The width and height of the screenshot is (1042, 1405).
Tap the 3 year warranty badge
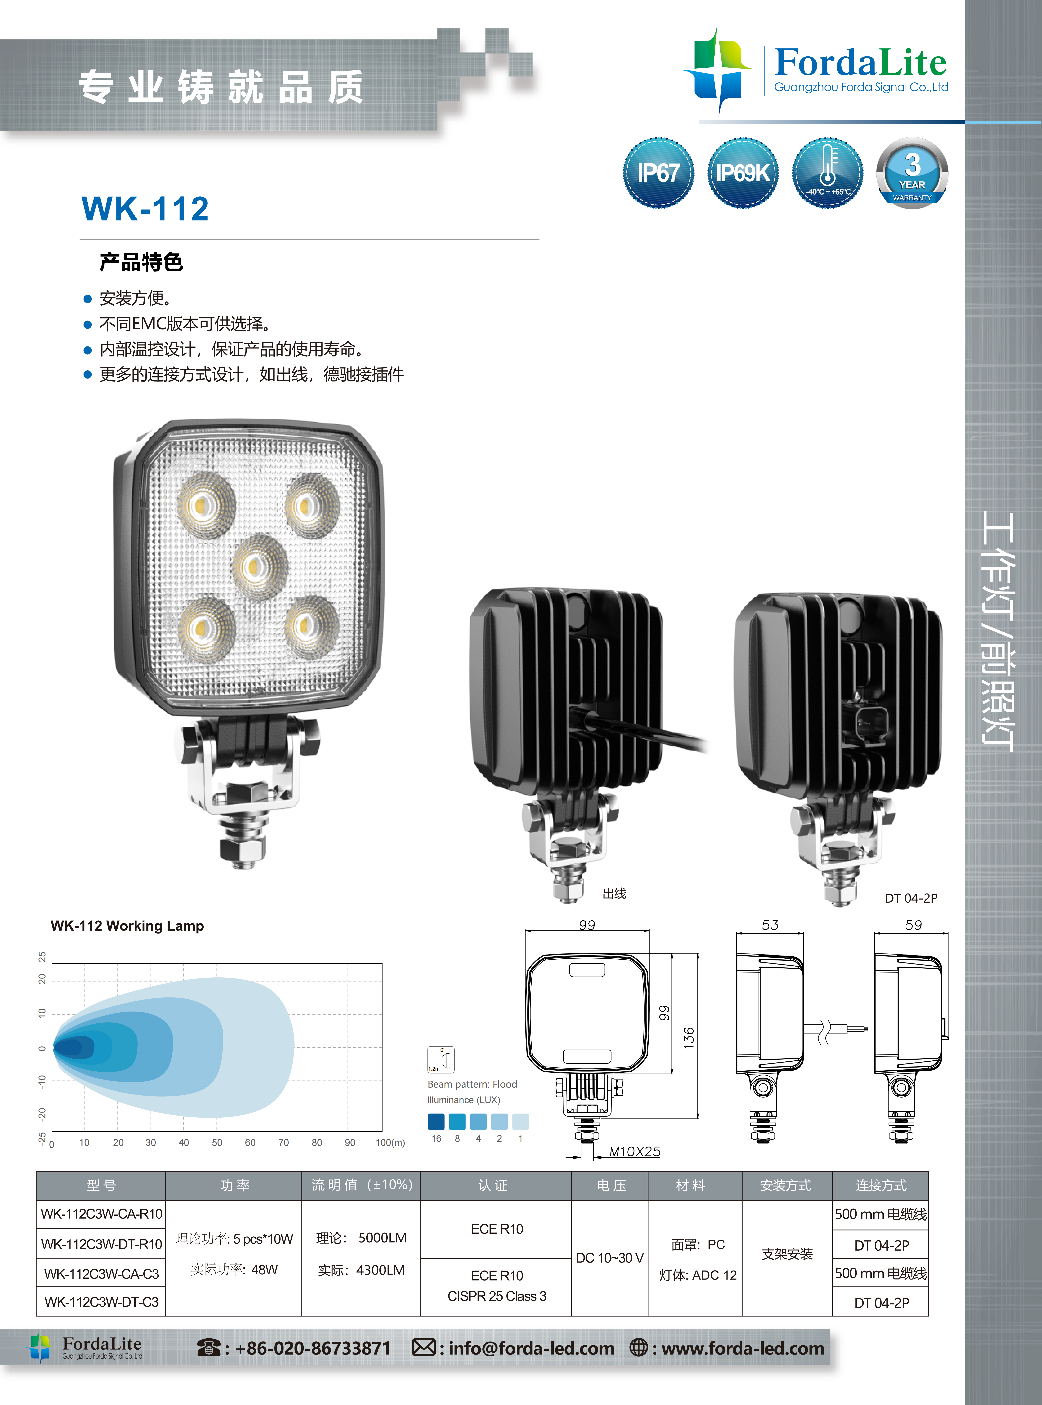[912, 172]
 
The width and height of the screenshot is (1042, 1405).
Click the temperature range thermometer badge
[828, 172]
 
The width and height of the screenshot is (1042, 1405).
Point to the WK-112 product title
[145, 209]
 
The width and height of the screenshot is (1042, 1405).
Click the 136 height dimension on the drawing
[689, 1038]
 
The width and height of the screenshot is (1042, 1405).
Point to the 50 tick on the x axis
[217, 1142]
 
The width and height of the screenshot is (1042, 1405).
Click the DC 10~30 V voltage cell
[609, 1258]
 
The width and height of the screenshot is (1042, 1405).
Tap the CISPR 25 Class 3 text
[497, 1296]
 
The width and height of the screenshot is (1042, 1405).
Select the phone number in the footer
[313, 1348]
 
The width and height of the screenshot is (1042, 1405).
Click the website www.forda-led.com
[743, 1348]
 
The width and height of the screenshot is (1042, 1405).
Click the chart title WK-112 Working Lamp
[127, 926]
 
